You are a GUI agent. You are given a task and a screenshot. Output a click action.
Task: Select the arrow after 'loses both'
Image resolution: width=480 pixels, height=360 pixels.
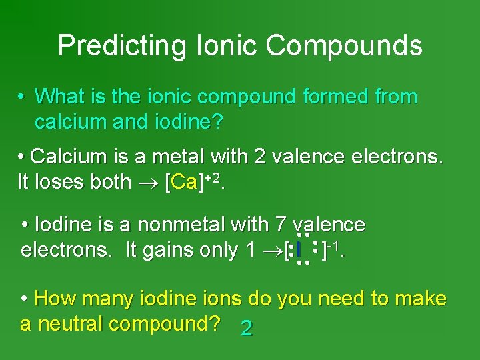(147, 183)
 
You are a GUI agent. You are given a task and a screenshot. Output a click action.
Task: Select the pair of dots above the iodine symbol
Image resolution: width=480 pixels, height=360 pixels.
(303, 235)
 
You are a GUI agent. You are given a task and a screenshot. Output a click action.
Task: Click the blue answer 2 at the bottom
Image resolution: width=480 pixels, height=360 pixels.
(246, 328)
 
